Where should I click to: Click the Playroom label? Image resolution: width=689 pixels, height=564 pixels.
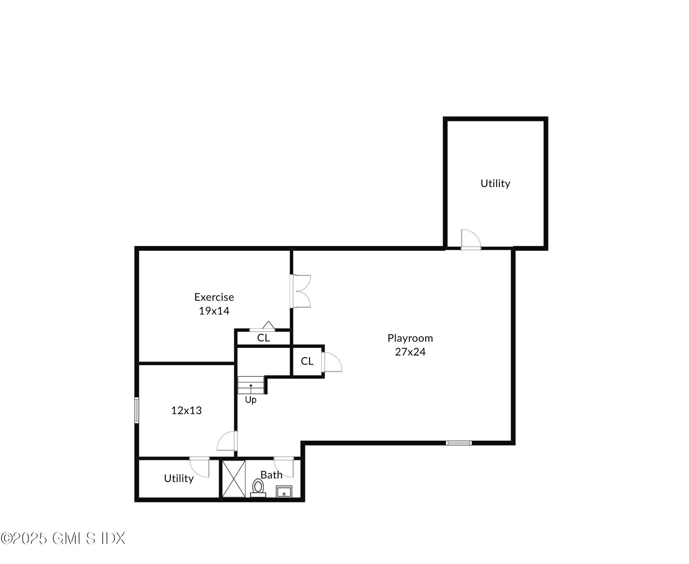click(x=410, y=338)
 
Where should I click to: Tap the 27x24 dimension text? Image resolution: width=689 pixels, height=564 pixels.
click(x=410, y=352)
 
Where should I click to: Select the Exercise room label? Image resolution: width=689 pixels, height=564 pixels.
click(x=214, y=297)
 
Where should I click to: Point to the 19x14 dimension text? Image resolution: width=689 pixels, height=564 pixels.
click(x=214, y=311)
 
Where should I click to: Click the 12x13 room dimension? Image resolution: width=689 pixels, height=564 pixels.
click(x=186, y=411)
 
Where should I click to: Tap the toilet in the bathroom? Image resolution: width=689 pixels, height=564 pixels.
click(x=258, y=487)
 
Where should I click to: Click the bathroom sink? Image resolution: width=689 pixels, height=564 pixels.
click(x=284, y=492)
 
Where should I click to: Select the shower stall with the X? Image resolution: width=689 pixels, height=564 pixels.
click(x=234, y=478)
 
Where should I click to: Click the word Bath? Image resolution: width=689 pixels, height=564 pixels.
click(x=271, y=475)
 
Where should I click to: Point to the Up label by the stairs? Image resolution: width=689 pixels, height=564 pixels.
click(x=251, y=400)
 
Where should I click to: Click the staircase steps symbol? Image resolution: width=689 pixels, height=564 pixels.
click(x=251, y=385)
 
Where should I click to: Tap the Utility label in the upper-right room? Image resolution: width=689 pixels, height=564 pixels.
click(x=495, y=184)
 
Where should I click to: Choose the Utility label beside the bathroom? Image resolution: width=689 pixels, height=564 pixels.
click(x=179, y=478)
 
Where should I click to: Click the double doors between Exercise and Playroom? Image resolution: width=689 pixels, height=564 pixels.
click(x=300, y=291)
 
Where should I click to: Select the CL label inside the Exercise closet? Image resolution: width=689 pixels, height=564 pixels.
click(x=263, y=338)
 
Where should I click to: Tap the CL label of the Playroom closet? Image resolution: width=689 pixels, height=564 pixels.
click(x=307, y=361)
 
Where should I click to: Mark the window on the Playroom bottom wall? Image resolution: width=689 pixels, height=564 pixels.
click(x=459, y=443)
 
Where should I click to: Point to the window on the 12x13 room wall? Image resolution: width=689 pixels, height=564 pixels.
click(x=137, y=410)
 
